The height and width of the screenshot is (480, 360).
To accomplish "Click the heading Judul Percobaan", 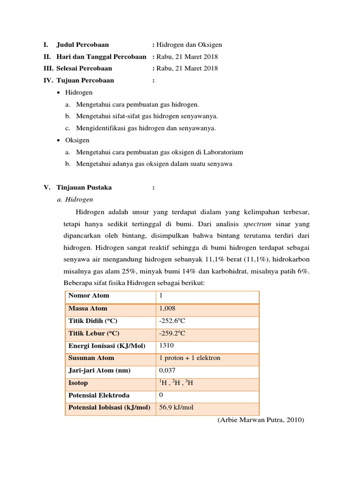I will [x=82, y=45].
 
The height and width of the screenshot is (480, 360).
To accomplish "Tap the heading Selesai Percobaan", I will [x=84, y=68].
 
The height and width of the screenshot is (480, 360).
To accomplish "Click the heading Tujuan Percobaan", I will [x=85, y=80].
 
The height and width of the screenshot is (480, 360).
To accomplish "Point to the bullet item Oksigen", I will [x=77, y=140].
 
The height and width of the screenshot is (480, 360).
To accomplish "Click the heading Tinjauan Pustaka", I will [x=84, y=187].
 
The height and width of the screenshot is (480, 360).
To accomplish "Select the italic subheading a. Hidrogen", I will [x=75, y=199].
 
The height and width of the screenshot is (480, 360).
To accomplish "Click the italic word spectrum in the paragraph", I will [x=257, y=224].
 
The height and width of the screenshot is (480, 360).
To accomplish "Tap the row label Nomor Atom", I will [x=89, y=295].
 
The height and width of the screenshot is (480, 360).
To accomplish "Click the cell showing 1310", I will [x=166, y=345].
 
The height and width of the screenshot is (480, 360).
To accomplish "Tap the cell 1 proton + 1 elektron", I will [x=190, y=358].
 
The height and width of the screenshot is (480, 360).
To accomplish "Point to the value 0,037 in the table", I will [x=167, y=370].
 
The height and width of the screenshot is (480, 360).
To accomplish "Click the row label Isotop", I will [x=78, y=383].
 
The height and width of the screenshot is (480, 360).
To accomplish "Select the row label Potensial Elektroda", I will [x=99, y=395].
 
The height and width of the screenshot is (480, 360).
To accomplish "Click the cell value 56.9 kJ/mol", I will [x=176, y=407].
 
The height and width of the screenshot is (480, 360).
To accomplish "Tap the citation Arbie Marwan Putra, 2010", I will [x=261, y=420].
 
